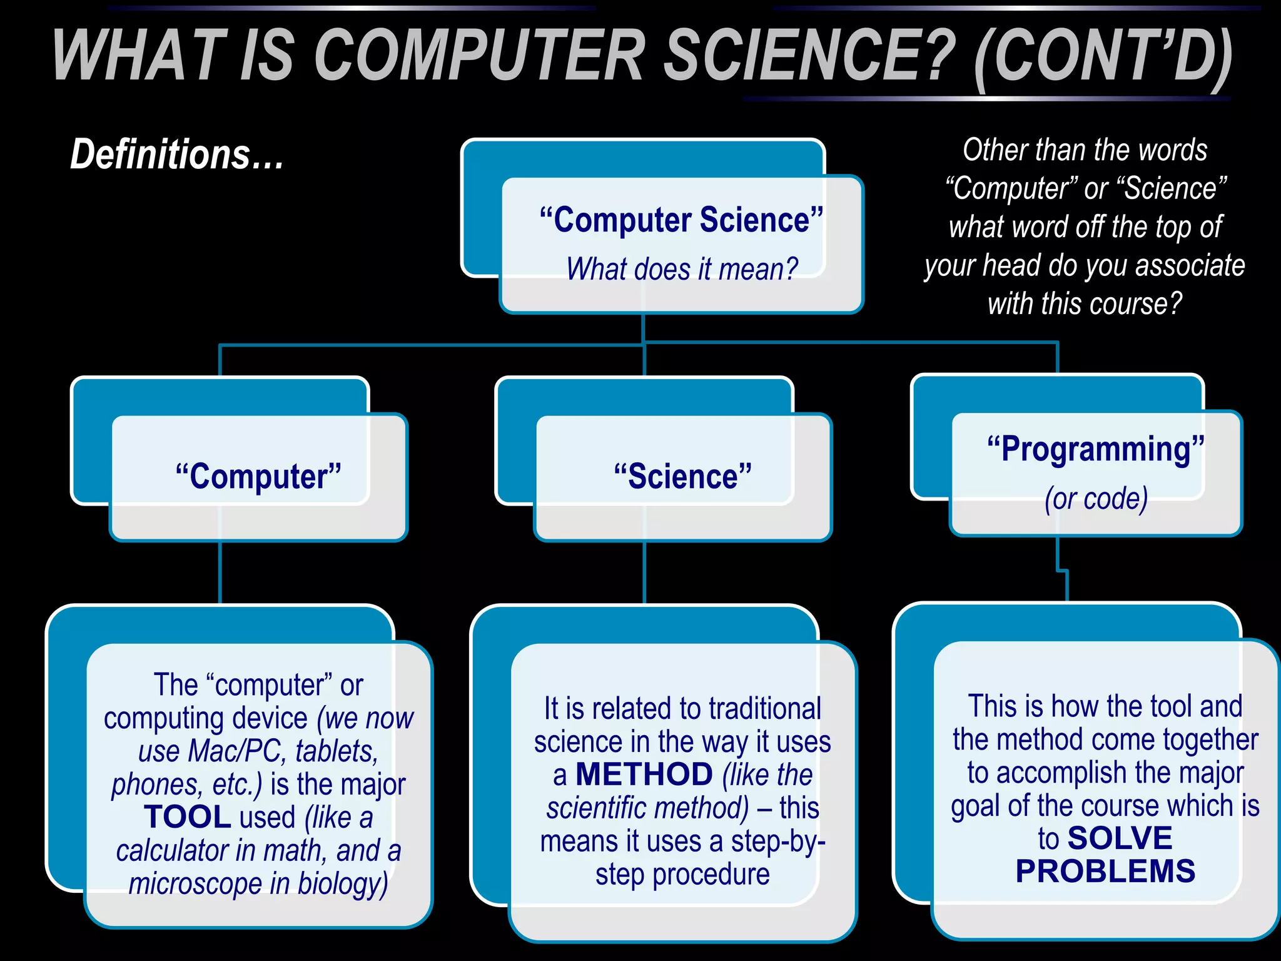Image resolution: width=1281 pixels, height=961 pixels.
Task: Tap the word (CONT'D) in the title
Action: pos(1103,58)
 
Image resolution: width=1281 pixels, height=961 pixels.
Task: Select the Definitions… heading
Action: pos(177,155)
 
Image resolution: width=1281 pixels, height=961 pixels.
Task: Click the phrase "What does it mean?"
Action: pos(682,270)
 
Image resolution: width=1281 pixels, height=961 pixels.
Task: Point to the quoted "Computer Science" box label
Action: pos(682,220)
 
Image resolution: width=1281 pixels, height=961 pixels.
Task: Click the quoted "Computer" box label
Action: pos(258,477)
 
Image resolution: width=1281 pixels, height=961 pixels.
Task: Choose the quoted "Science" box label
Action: pos(682,477)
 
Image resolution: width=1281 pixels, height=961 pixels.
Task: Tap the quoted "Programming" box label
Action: pos(1096,449)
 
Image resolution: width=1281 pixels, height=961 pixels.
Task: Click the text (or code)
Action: pos(1096,499)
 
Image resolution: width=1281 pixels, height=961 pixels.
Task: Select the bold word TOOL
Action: pos(188,817)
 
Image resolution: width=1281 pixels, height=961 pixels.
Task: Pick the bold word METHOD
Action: pos(644,775)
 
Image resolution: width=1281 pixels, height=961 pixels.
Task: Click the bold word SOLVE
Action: pos(1120,838)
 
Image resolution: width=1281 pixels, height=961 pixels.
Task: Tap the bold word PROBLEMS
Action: pos(1105,872)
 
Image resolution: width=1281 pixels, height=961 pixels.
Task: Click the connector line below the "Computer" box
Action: pos(220,572)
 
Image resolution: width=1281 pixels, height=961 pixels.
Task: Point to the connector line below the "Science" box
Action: pos(644,572)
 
